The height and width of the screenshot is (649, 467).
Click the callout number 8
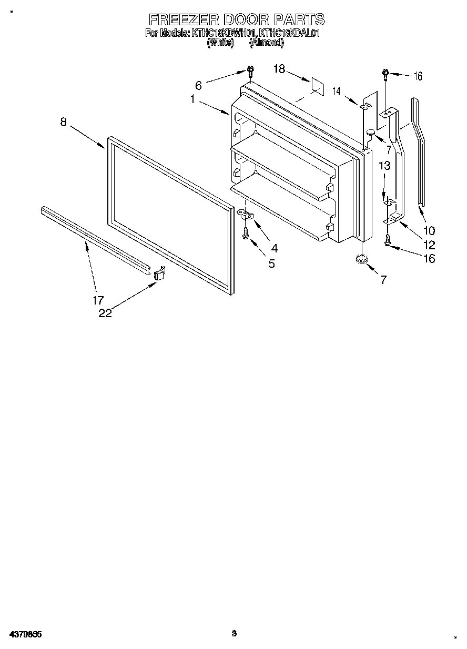click(64, 122)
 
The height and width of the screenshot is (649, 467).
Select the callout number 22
click(105, 313)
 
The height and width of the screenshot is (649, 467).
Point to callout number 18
click(279, 68)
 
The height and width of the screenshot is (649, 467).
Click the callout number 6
click(198, 85)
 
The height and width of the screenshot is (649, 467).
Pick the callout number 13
click(384, 166)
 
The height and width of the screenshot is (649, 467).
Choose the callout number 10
click(429, 230)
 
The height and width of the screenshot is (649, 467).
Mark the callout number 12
click(429, 245)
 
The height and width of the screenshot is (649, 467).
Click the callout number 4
click(274, 248)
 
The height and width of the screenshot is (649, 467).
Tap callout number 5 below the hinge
click(271, 263)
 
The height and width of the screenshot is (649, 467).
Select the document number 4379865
click(25, 634)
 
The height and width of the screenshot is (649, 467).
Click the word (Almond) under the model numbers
click(266, 43)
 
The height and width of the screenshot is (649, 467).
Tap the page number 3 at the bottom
click(235, 633)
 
